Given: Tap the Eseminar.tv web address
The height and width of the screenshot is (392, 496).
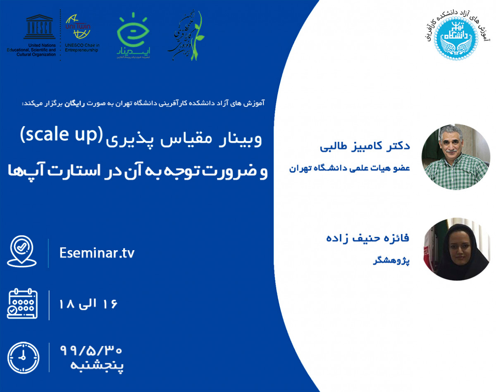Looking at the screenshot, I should [97, 253].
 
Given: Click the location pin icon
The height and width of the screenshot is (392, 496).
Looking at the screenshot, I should [22, 251].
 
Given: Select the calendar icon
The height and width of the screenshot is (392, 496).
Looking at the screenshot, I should [22, 304].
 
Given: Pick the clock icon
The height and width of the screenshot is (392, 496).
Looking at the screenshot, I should [23, 357].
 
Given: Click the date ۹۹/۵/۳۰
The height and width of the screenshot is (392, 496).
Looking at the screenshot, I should [91, 350].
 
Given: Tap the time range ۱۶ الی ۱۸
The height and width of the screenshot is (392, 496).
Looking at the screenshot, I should [89, 304].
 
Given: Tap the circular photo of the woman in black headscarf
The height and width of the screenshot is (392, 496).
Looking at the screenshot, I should [455, 249].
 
